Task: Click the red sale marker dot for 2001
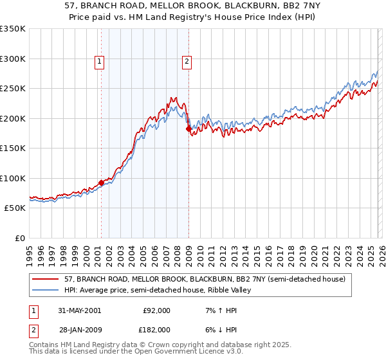tap(102, 183)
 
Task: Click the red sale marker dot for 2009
tap(188, 129)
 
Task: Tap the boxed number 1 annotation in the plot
tap(100, 62)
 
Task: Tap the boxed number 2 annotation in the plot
tap(187, 62)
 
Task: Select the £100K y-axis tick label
tap(13, 178)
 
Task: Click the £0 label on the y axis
tap(19, 238)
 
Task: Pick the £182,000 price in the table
tap(156, 329)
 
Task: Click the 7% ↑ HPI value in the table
tap(217, 310)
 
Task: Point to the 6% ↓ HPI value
tap(217, 329)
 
